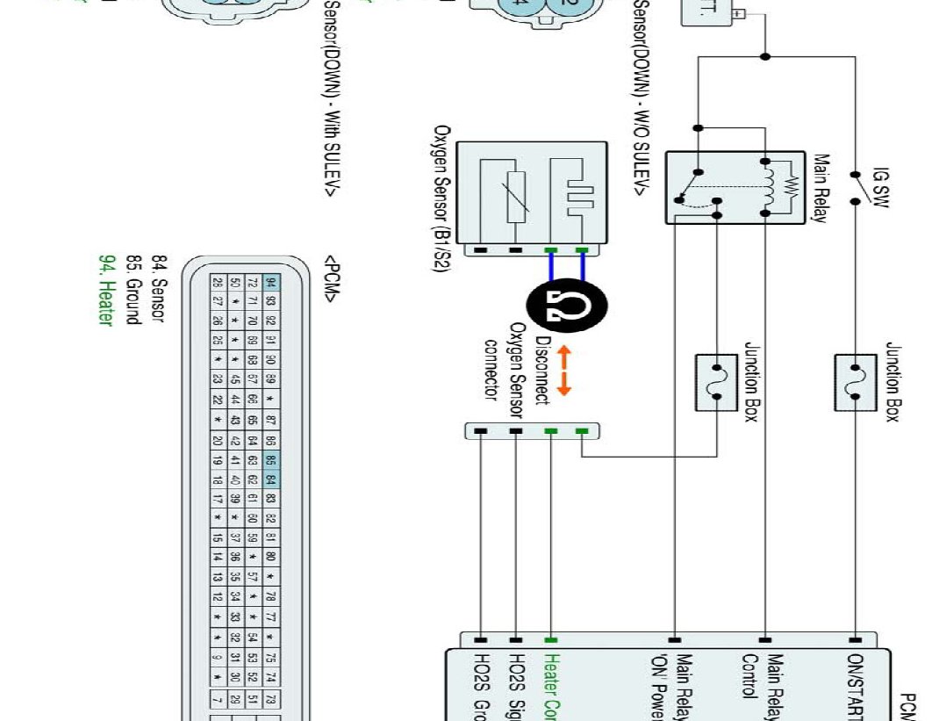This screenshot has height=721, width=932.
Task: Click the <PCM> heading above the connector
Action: [x=332, y=280]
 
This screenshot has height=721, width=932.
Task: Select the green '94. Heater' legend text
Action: [x=106, y=290]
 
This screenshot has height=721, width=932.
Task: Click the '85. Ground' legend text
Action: [x=133, y=290]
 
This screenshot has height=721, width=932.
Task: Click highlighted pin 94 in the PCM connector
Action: [x=271, y=283]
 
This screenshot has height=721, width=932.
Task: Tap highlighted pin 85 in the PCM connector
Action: [x=271, y=458]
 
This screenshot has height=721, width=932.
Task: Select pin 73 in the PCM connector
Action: [x=271, y=699]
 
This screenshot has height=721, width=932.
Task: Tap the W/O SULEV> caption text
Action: [x=642, y=97]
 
